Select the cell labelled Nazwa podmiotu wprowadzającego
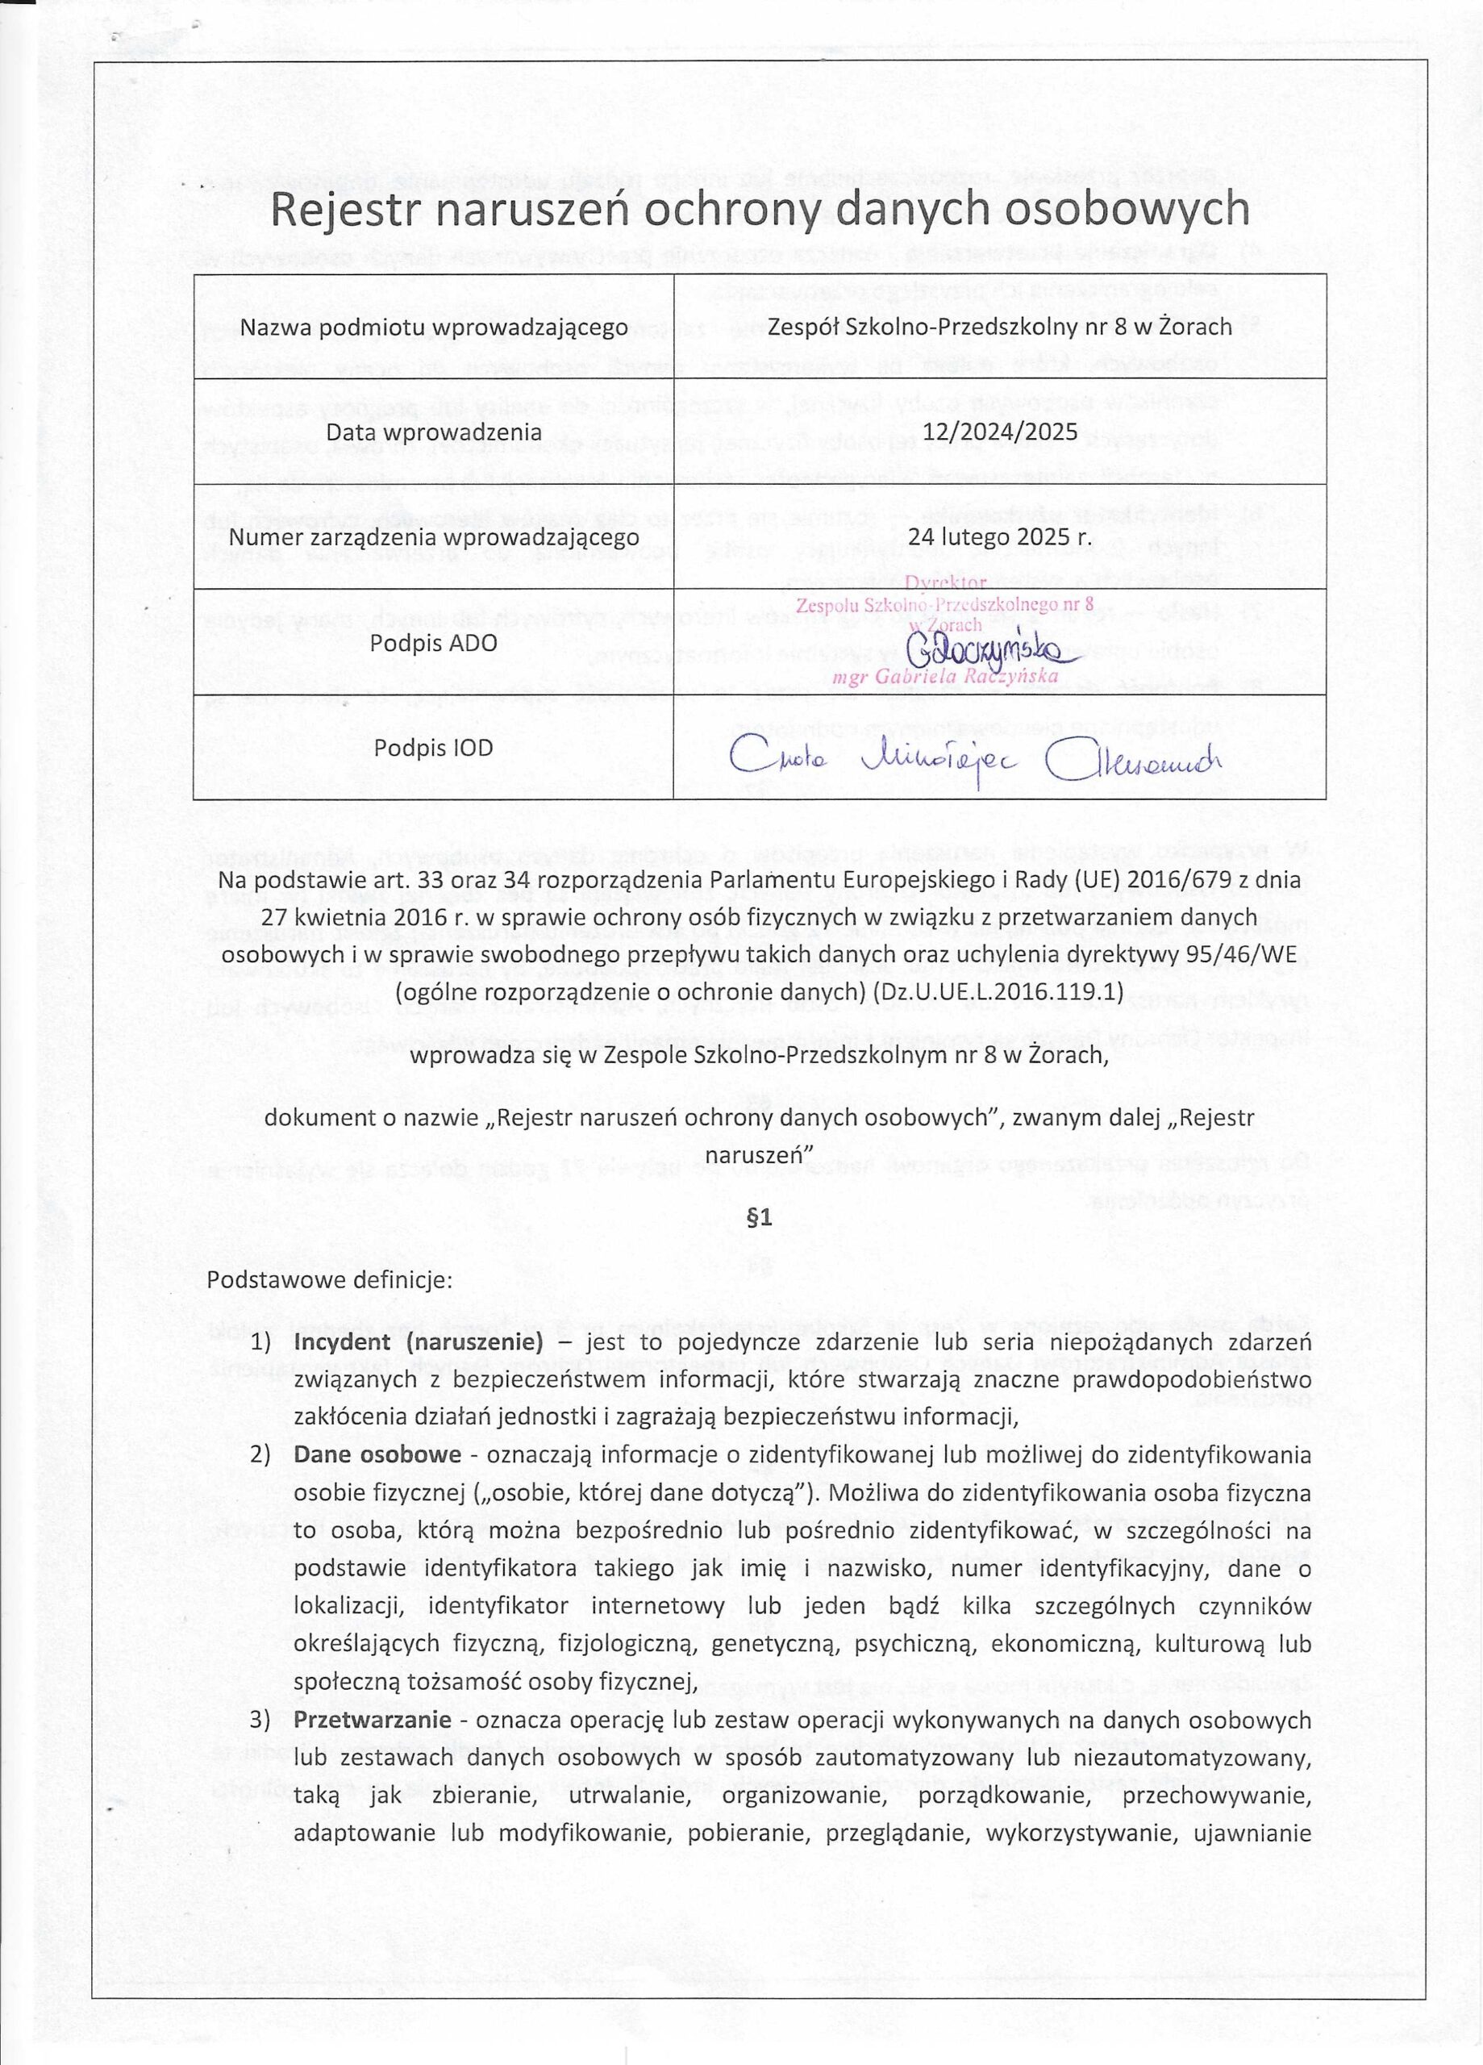pos(433,327)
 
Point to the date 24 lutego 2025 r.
pos(1000,537)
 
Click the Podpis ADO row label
pos(433,643)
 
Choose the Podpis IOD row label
pos(433,748)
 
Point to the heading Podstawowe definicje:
pos(330,1279)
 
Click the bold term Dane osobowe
pos(377,1454)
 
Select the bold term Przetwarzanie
pos(373,1720)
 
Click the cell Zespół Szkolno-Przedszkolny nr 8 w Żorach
pos(1000,327)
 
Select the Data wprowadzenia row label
pos(433,432)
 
